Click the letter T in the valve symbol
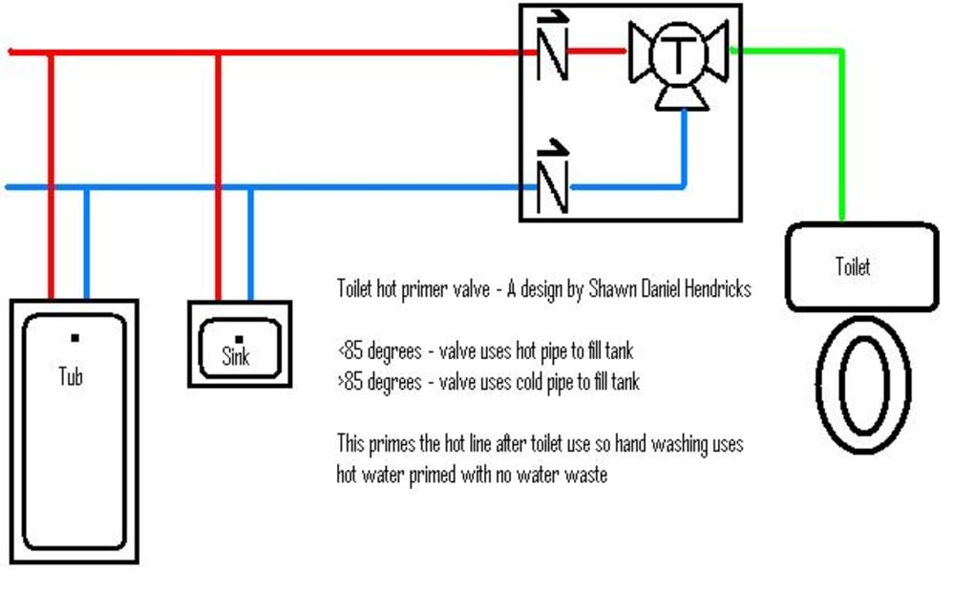coord(678,53)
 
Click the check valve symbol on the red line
coord(552,48)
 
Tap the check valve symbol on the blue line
coord(552,178)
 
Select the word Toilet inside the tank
coord(852,266)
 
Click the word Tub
coord(70,376)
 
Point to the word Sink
coord(236,356)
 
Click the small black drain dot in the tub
coord(74,338)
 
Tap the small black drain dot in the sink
coord(239,339)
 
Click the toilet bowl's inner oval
coord(840,385)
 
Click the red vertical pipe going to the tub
coord(52,177)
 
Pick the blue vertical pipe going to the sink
coord(250,244)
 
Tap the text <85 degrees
coord(379,351)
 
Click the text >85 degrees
coord(379,383)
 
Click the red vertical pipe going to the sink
coord(218,177)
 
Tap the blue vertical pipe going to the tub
coord(87,244)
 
